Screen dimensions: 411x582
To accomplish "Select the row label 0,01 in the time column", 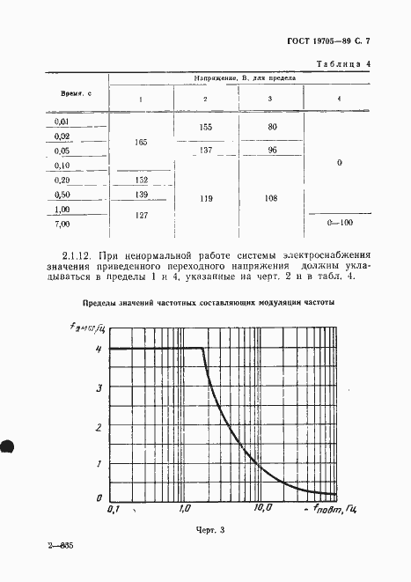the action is [62, 122].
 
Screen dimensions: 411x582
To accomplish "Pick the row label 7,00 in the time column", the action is [62, 225].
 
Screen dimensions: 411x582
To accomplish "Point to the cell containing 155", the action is [206, 128].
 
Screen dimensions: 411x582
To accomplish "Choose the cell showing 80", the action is [272, 128].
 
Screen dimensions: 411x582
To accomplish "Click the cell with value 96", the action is [272, 150].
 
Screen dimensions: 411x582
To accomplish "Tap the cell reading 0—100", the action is [339, 225].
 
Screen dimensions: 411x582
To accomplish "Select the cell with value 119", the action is [206, 199].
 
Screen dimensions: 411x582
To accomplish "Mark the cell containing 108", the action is [272, 199].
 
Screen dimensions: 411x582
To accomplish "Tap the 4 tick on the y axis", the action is [99, 350].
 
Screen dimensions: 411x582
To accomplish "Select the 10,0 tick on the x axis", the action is [262, 508].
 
